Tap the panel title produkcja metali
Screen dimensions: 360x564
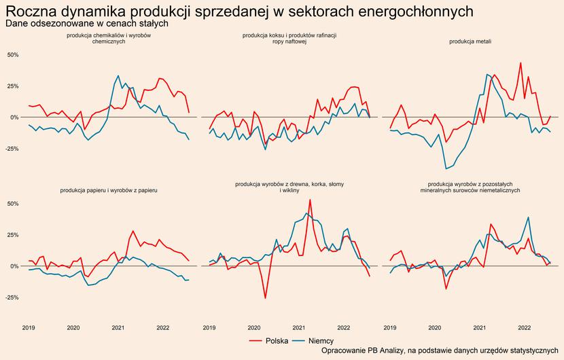coord(470,41)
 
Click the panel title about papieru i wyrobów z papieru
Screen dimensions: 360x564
coord(109,191)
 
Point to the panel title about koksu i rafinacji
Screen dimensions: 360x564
coord(289,38)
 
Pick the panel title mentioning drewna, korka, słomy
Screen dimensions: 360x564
coord(289,187)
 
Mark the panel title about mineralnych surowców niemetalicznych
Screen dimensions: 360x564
coord(470,187)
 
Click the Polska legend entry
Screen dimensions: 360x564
coord(269,340)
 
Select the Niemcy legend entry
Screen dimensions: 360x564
coord(313,340)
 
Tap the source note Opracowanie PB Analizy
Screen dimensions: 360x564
coord(439,351)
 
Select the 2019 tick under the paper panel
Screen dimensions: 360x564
coord(29,327)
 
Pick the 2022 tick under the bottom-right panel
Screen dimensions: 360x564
coord(524,327)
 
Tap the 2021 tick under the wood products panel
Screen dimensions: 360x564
coord(298,327)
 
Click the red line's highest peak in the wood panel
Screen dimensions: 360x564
coord(310,200)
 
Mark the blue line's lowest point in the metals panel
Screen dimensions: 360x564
coord(446,168)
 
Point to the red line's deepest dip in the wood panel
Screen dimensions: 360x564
coord(265,298)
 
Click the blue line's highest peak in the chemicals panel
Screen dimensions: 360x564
coord(118,75)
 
